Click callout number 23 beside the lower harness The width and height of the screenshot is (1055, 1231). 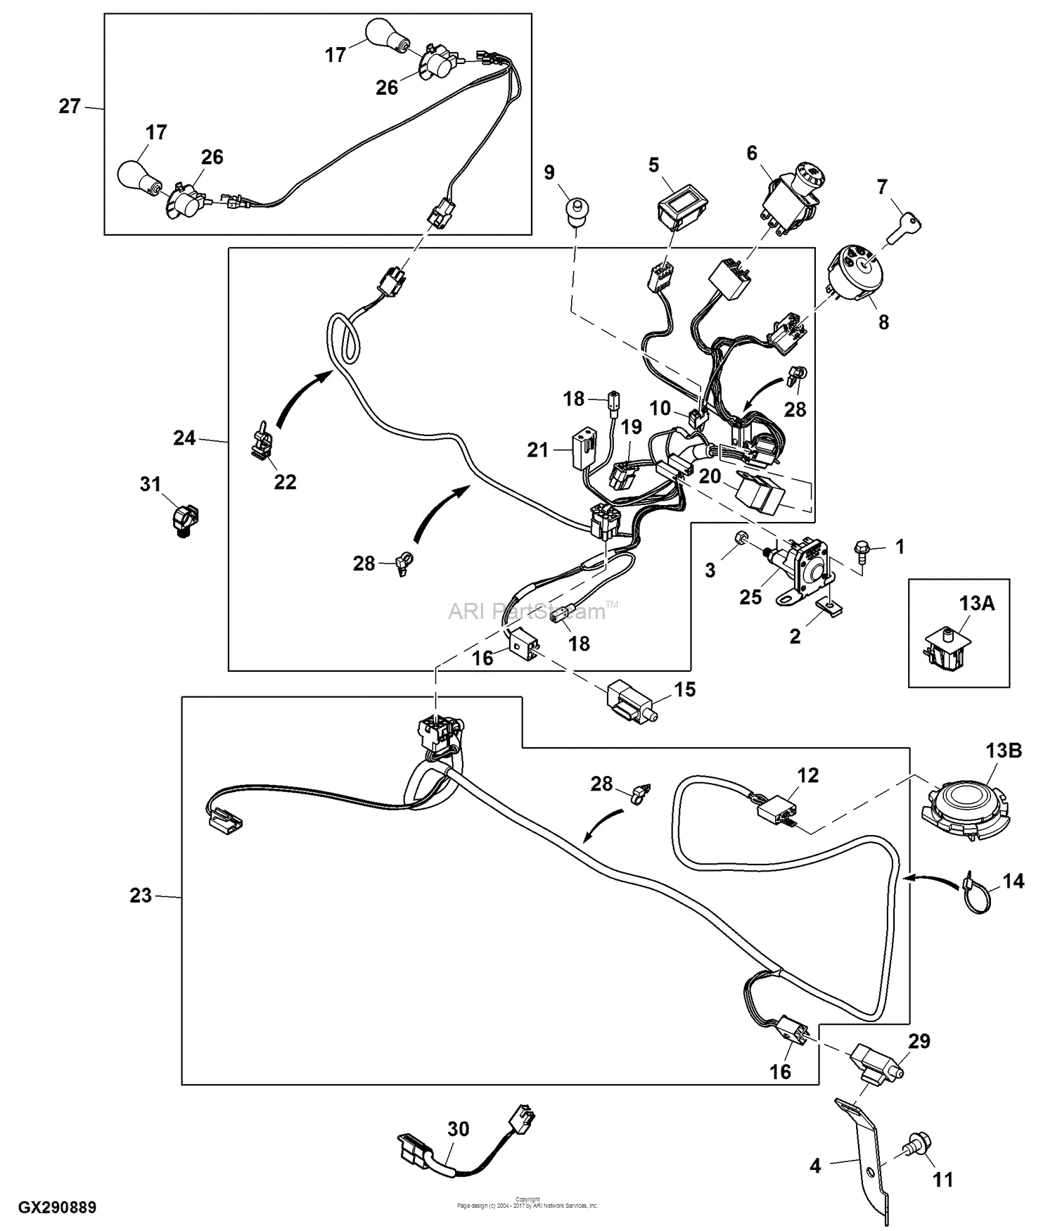(141, 895)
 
